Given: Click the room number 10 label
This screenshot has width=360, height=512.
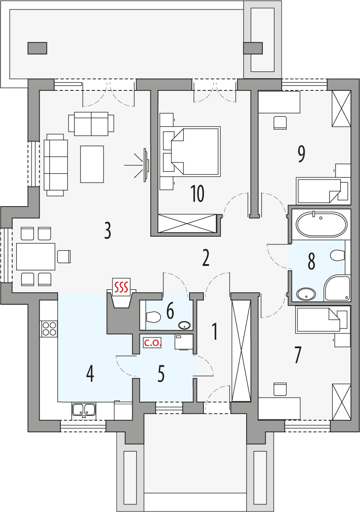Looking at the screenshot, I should point(197,193).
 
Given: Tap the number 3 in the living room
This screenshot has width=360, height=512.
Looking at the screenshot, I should point(107,230).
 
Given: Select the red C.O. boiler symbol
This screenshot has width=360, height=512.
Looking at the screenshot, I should point(152,343).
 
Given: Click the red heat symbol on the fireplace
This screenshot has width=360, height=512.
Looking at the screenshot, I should point(121,286).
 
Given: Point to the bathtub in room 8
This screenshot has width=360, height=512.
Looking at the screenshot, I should point(321,224).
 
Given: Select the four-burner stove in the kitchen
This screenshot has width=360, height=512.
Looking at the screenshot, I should point(49,329).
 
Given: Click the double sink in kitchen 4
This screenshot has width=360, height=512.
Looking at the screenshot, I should point(84,409).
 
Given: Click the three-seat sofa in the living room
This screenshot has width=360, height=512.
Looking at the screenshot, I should point(56,164).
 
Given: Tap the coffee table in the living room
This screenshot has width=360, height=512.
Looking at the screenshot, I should point(92,164).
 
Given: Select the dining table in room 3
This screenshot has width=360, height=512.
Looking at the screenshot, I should point(36,256).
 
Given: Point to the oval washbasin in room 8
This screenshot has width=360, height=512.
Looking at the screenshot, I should point(306,294).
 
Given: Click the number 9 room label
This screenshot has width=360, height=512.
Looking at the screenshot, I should point(301,154).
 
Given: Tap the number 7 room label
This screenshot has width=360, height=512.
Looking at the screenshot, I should point(297,355).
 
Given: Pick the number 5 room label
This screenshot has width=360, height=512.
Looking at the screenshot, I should point(161,374).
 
